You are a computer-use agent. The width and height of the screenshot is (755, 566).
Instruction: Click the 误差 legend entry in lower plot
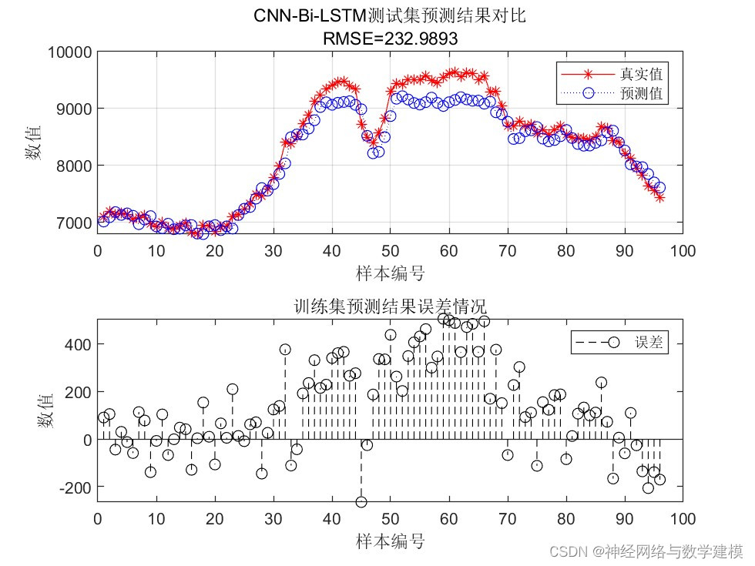(648, 343)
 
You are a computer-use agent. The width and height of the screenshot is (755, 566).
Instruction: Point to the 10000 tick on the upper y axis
(70, 52)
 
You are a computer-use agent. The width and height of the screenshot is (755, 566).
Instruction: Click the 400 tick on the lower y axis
(80, 344)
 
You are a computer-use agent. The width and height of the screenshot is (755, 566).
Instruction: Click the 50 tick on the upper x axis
(390, 251)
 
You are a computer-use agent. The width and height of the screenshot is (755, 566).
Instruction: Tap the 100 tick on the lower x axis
(683, 518)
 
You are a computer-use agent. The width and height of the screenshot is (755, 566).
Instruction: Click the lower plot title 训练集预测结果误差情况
(390, 306)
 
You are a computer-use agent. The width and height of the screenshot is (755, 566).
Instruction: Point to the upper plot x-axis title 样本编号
(390, 273)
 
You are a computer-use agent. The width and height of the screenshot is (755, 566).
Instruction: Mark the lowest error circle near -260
(361, 502)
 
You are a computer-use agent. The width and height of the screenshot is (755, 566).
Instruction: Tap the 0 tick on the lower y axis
(86, 440)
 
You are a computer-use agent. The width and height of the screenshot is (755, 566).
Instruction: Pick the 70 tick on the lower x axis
(507, 518)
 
